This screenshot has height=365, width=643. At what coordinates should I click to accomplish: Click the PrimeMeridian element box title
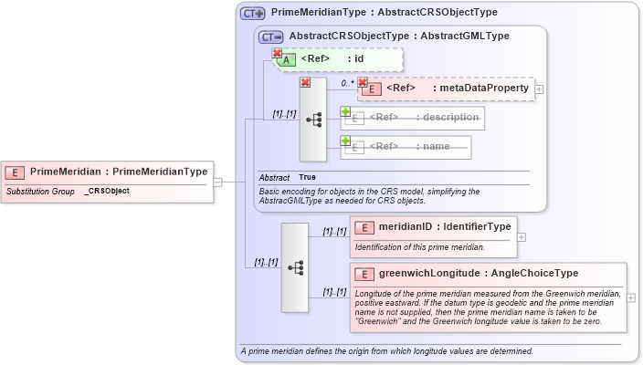click(118, 172)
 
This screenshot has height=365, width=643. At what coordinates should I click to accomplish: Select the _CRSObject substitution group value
click(107, 191)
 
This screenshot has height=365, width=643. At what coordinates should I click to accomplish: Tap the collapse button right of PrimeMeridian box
click(217, 182)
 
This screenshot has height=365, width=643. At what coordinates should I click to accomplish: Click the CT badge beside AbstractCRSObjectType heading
click(271, 36)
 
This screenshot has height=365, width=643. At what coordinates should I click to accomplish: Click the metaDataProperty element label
click(457, 89)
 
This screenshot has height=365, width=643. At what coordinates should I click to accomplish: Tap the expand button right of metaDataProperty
click(540, 89)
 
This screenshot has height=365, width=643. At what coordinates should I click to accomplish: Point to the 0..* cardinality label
click(347, 83)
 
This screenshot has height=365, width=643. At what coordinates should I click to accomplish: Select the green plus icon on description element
click(345, 111)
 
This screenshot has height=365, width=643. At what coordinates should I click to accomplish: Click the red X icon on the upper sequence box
click(306, 83)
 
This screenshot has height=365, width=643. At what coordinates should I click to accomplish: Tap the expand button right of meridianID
click(522, 236)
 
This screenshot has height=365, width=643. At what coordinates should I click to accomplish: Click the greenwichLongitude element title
click(478, 273)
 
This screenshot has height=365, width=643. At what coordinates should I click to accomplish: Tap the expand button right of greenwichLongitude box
click(631, 297)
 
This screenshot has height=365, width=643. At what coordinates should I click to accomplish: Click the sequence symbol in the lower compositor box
click(296, 267)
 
